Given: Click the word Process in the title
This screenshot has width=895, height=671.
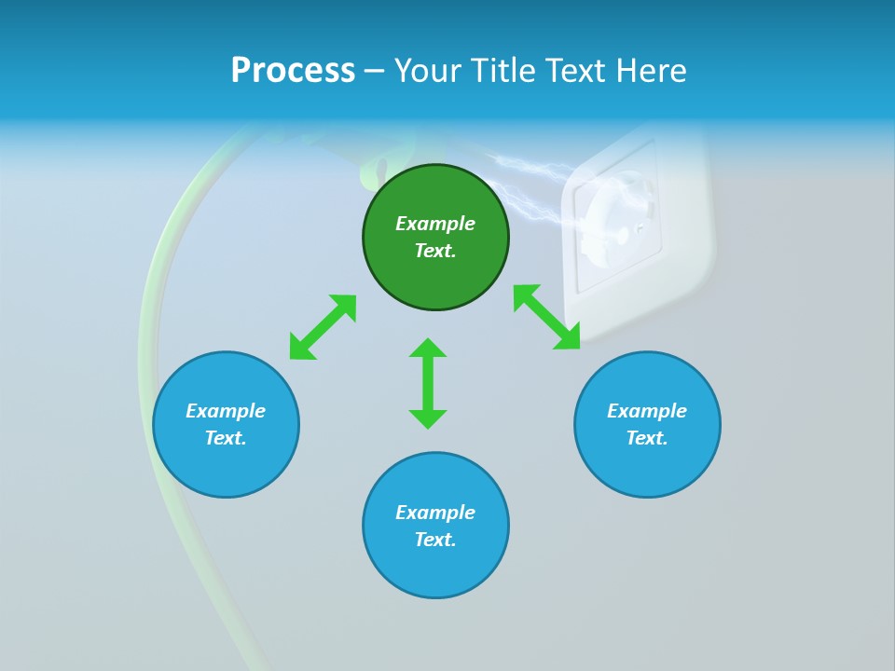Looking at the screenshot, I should coord(293,71).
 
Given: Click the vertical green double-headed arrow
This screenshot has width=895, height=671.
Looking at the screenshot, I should coord(428,383).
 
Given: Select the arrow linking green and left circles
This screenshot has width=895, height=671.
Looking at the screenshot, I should coord(323,327).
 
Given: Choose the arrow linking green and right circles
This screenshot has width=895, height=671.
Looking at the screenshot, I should coord(546,317).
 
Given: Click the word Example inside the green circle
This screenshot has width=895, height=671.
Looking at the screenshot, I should coord(435,224).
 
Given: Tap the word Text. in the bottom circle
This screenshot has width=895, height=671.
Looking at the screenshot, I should coord(435,540).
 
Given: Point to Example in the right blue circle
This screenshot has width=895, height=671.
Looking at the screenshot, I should coord(647,411).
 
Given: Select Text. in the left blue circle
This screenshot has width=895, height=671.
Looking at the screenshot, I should coord(226,438).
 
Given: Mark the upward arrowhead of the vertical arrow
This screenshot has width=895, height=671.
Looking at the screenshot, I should coord(428,348).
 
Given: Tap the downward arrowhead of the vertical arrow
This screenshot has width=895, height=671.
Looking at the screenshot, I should coord(428,418).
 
